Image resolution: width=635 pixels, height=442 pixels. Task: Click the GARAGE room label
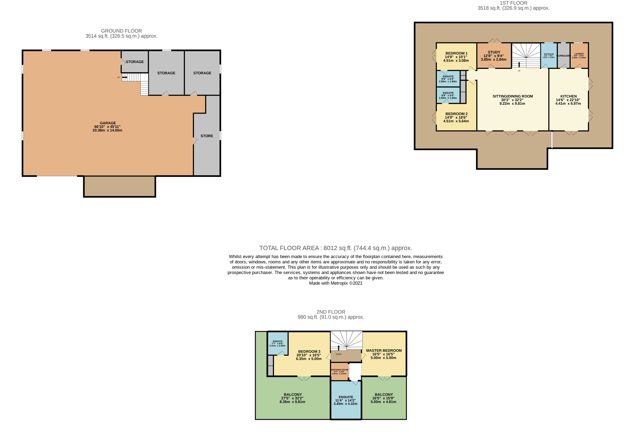[x=108, y=123]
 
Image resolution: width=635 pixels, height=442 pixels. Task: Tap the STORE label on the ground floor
[x=207, y=136]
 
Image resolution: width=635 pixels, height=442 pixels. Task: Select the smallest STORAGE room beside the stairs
[x=135, y=62]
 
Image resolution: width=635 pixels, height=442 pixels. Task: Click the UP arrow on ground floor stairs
[x=124, y=77]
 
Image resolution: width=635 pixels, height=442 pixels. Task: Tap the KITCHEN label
[x=568, y=96]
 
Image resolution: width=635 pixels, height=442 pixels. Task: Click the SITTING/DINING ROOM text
[x=512, y=96]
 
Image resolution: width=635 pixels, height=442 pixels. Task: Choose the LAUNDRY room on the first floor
[x=579, y=56]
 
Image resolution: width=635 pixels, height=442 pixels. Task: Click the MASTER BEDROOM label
[x=384, y=350]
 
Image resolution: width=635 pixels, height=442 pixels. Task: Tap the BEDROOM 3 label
[x=309, y=352]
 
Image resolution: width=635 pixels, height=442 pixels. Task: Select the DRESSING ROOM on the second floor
[x=339, y=371]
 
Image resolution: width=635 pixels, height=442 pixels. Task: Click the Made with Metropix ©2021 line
[x=336, y=283]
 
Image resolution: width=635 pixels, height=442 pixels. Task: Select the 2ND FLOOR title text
[x=331, y=312]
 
